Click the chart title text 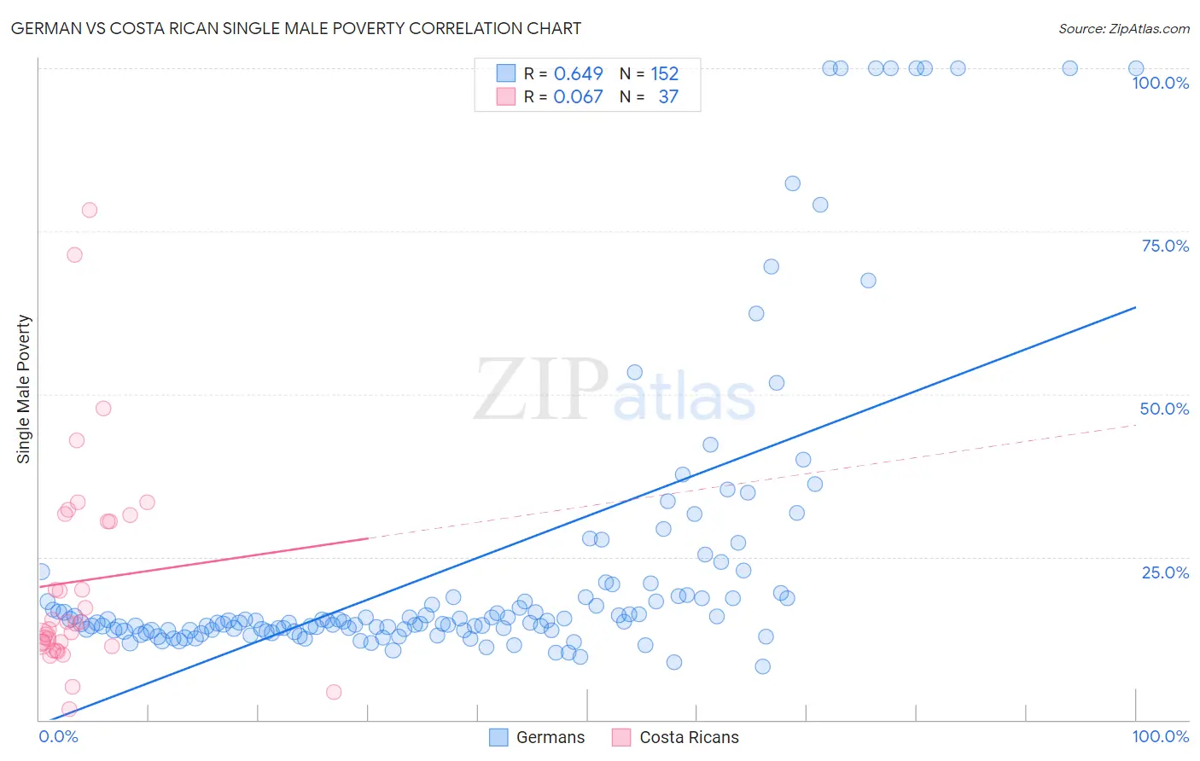point(296,28)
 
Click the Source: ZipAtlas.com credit point(1123,28)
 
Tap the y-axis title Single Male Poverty point(24,389)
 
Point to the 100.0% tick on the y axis point(1160,83)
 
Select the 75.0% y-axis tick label point(1165,246)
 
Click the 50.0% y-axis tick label point(1164,409)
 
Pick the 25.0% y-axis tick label point(1165,572)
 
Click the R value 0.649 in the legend point(578,74)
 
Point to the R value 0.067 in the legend point(578,97)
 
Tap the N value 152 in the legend point(664,74)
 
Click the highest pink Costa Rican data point point(89,210)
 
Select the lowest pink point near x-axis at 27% point(334,692)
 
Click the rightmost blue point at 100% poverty point(1136,68)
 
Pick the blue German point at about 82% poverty point(792,183)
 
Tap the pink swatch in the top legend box point(506,97)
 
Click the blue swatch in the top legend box point(506,74)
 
